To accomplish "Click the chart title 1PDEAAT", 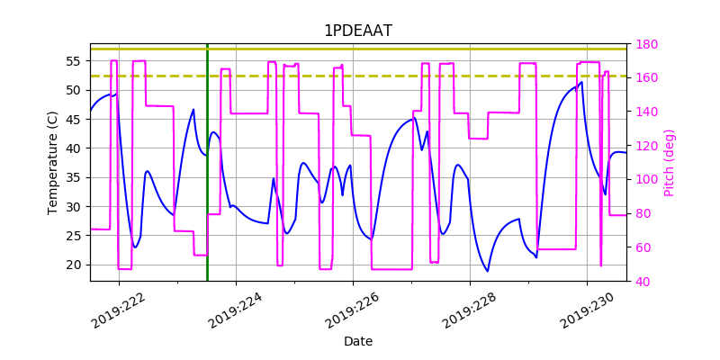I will click(358, 31).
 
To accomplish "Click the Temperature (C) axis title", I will click(53, 162).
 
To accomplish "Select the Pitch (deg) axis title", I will click(669, 162).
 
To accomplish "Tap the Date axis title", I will click(358, 341).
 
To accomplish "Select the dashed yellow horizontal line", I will click(360, 76).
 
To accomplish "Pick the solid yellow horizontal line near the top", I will click(360, 49).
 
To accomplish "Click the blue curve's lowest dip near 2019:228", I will click(488, 271).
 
